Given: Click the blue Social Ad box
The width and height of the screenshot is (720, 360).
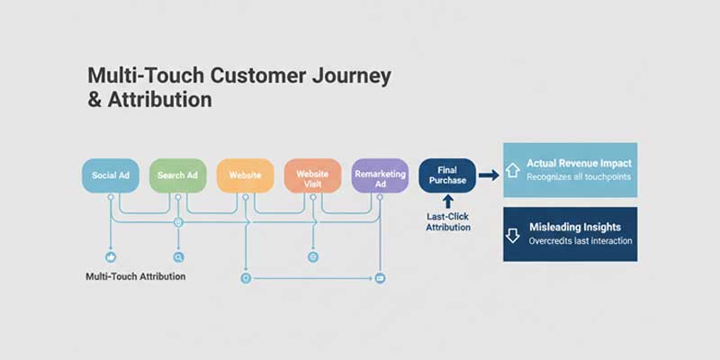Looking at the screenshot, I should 110,175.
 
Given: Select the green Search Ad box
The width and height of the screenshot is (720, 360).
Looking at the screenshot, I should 177,175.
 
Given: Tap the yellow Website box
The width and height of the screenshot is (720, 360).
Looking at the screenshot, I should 245,175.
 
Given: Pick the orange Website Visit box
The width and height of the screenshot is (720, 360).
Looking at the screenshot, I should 312,175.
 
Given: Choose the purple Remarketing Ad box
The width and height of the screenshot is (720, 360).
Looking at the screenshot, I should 380,175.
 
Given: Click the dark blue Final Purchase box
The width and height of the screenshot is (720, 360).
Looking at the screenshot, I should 447,175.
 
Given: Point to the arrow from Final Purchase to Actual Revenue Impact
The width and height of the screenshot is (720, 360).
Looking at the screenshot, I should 489,175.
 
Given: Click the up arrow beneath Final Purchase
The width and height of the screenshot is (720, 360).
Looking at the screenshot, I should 447,203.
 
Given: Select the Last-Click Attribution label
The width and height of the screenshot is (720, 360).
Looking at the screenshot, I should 447,222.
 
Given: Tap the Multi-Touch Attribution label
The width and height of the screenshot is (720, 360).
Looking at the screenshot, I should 135,276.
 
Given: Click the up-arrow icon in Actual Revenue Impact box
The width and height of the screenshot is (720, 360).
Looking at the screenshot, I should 513,169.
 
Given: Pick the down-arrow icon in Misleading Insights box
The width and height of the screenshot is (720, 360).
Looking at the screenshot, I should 513,235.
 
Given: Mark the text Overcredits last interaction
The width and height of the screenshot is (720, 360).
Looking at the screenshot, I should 580,241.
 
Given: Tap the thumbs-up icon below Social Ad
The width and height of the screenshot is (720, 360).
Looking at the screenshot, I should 110,256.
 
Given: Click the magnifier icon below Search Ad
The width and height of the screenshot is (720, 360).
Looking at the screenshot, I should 178,256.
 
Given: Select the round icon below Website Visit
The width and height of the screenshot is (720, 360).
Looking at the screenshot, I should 313,256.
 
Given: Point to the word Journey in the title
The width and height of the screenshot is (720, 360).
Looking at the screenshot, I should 346,75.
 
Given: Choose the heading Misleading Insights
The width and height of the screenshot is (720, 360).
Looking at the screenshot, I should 579,227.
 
